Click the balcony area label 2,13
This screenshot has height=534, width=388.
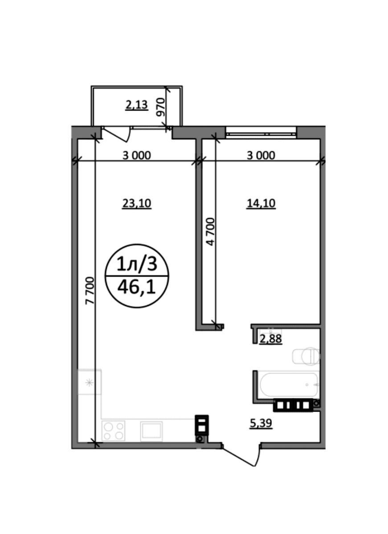(x=137, y=105)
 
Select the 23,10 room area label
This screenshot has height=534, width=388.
(x=137, y=203)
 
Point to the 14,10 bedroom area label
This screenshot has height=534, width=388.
(x=261, y=203)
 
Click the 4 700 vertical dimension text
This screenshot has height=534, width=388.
(x=211, y=231)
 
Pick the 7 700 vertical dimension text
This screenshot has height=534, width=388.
(x=90, y=290)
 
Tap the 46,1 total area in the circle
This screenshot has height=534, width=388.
(x=136, y=287)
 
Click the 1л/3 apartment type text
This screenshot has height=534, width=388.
(x=137, y=265)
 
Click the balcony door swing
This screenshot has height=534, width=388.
(x=116, y=134)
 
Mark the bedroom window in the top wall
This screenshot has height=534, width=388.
(x=261, y=131)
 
